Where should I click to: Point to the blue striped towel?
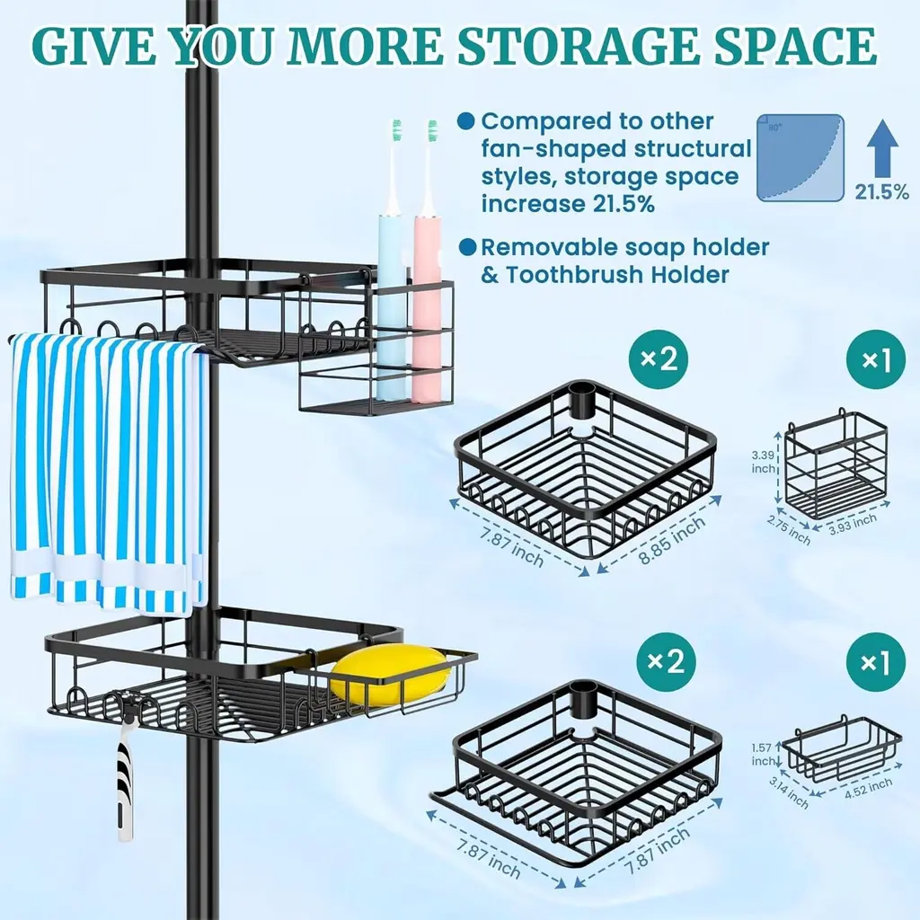[x=109, y=473]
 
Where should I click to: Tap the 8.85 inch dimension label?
[x=672, y=541]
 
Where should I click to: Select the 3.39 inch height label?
[x=764, y=462]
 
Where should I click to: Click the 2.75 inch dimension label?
[x=789, y=528]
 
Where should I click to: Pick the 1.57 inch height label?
[x=762, y=754]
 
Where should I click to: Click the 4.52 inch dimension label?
[x=868, y=788]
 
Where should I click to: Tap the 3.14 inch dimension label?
[x=788, y=792]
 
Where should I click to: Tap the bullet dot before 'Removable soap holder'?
[x=467, y=247]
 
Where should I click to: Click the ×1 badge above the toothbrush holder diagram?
[x=875, y=359]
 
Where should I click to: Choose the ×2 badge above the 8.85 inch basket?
[x=659, y=358]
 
